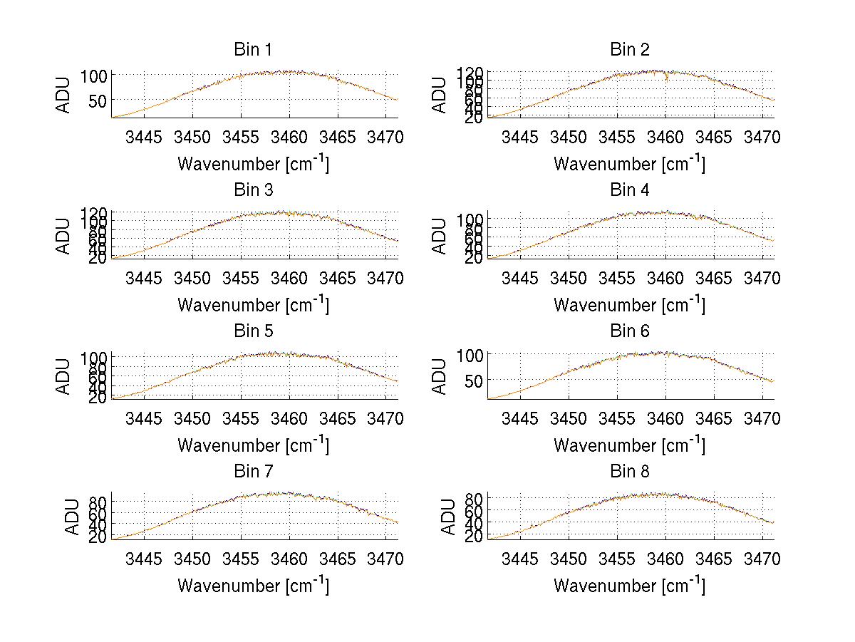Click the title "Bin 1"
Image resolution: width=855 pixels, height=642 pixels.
(x=252, y=50)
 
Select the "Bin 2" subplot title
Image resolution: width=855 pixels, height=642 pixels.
(x=629, y=50)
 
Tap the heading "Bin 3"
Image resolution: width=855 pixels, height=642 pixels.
(x=252, y=190)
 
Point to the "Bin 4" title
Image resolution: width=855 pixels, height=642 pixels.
(x=629, y=190)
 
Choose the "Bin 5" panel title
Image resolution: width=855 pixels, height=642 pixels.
(x=252, y=331)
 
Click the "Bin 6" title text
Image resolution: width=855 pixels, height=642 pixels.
(x=629, y=331)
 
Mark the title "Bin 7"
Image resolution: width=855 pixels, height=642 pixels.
(x=252, y=472)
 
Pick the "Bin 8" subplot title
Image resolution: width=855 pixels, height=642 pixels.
(x=629, y=472)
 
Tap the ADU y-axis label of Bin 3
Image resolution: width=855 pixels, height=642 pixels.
(x=65, y=236)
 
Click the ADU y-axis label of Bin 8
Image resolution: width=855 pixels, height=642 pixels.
(x=441, y=517)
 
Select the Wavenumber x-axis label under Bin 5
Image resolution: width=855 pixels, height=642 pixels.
(x=253, y=445)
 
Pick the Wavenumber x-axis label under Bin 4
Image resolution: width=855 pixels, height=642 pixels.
(x=629, y=305)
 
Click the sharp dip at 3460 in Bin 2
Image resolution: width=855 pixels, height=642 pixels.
(x=666, y=78)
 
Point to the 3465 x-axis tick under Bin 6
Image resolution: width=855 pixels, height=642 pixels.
(x=715, y=418)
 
